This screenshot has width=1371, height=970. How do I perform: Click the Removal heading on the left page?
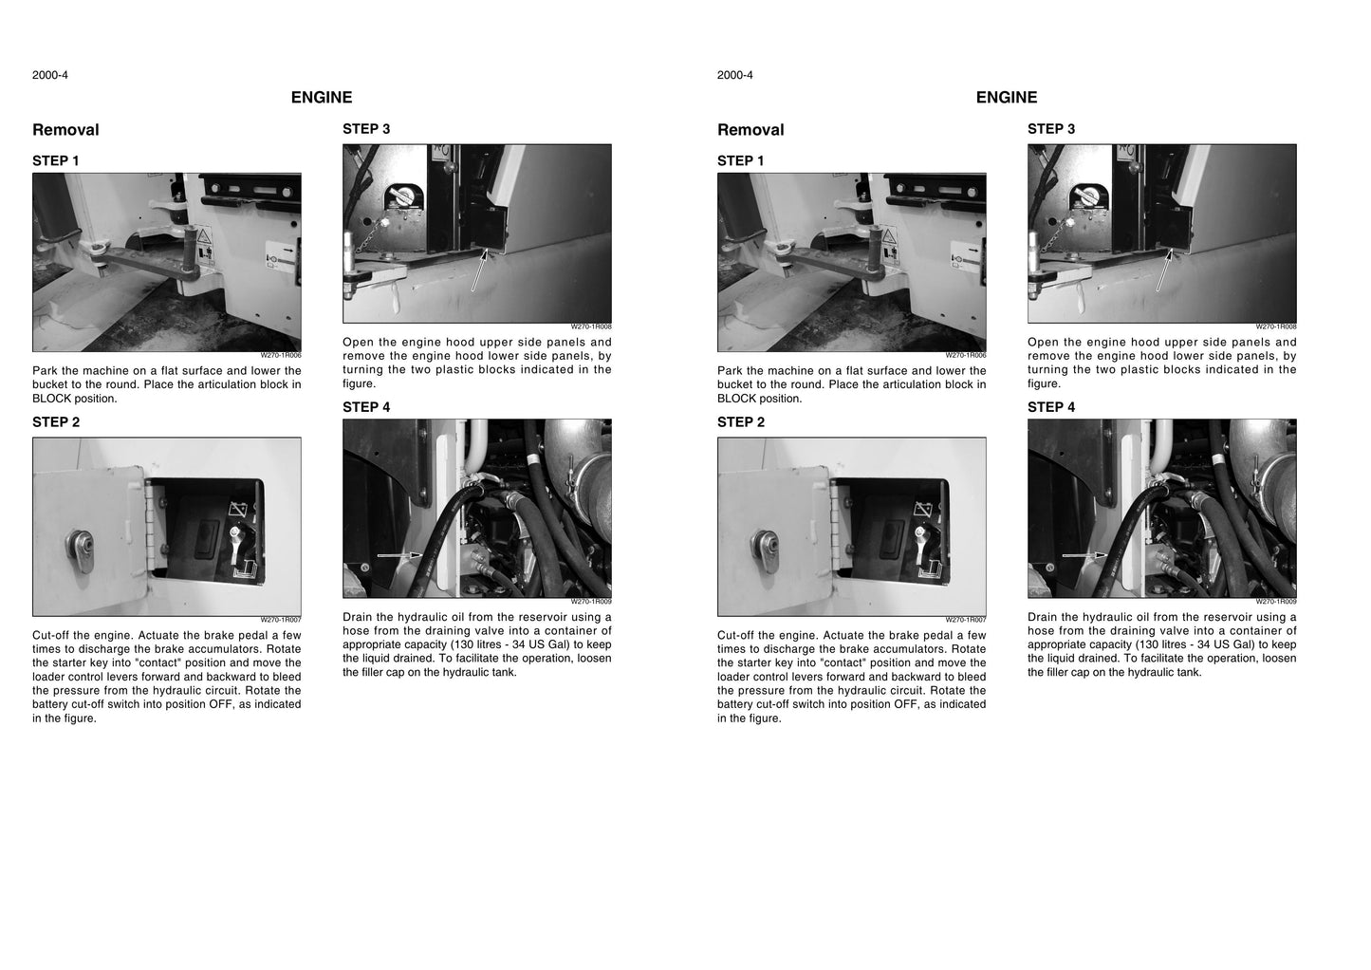65,130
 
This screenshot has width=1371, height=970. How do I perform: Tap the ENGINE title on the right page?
1007,98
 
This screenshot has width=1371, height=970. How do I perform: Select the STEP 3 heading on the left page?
366,128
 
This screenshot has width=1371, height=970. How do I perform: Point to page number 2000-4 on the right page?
734,75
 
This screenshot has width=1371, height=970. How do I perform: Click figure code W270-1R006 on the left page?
280,355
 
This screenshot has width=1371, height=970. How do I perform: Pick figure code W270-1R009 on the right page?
1275,602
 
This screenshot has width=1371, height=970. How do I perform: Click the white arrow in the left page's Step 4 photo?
399,555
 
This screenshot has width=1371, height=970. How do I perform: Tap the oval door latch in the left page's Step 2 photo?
80,550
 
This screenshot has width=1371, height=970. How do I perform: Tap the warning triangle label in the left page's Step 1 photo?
204,236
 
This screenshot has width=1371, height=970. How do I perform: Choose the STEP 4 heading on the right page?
1051,407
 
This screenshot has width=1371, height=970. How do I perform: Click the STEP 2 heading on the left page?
56,422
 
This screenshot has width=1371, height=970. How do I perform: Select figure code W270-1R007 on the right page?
965,620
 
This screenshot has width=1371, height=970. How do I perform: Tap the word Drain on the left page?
357,617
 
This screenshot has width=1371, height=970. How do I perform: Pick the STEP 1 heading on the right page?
741,160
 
